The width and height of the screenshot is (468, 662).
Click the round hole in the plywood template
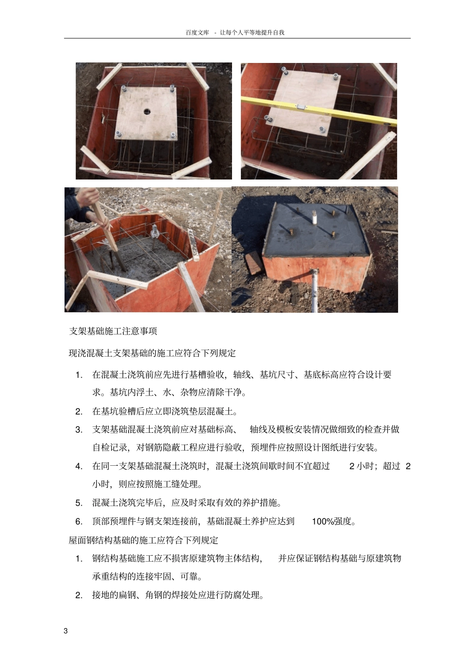coord(147,111)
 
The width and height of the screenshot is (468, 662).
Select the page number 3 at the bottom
coord(66,631)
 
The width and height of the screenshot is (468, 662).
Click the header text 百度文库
coord(197,32)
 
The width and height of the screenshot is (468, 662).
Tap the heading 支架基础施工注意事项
coord(113,331)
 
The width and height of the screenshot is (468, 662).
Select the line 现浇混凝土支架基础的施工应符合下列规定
coord(152,353)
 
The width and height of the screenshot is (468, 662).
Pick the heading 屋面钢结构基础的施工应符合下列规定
coord(143,540)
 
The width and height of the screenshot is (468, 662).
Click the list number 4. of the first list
coord(78,466)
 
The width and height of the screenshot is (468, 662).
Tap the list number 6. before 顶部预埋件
coord(78,521)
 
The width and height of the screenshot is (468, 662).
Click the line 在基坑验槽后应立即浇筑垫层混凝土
coord(165,411)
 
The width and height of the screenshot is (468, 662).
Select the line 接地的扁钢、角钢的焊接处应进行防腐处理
coord(178,595)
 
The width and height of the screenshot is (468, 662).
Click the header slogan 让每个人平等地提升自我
coord(252,32)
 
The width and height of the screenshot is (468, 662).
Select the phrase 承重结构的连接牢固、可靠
coord(147,576)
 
